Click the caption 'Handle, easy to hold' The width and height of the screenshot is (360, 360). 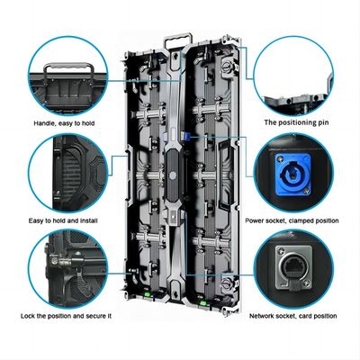click(x=62, y=121)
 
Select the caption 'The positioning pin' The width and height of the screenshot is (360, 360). click(x=293, y=121)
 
